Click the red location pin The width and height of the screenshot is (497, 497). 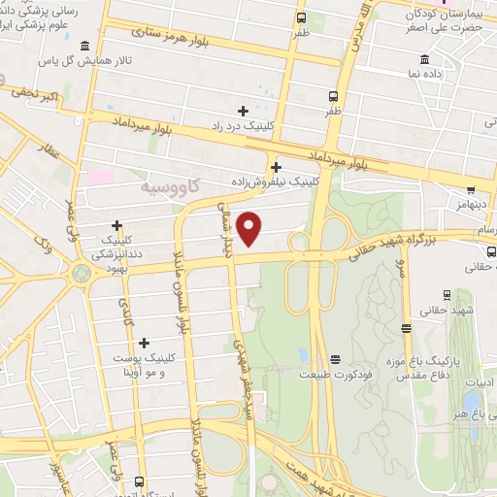(x=249, y=229)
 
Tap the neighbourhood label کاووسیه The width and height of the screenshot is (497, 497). (x=166, y=184)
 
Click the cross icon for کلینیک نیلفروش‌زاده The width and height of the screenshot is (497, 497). (x=279, y=166)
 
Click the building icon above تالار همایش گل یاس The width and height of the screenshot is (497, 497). (x=86, y=47)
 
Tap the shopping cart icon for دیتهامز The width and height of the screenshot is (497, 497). (x=470, y=191)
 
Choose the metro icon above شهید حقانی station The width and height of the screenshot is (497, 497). (x=445, y=295)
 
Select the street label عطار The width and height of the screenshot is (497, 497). (x=50, y=155)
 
